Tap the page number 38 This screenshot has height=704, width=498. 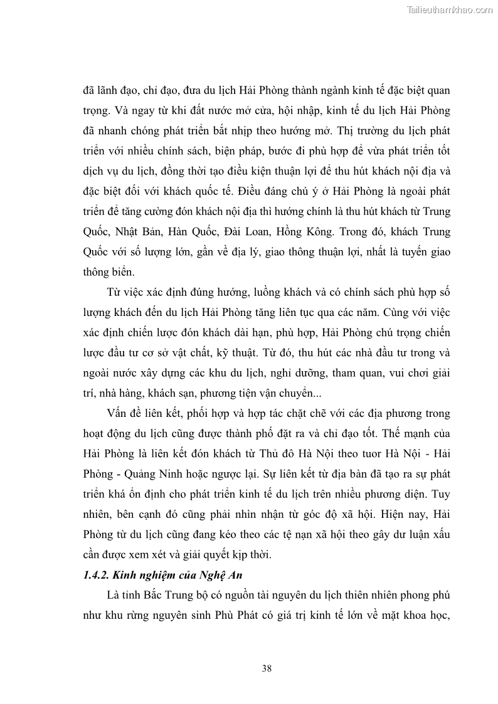click(267, 668)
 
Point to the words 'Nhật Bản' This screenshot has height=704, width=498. click(134, 231)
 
